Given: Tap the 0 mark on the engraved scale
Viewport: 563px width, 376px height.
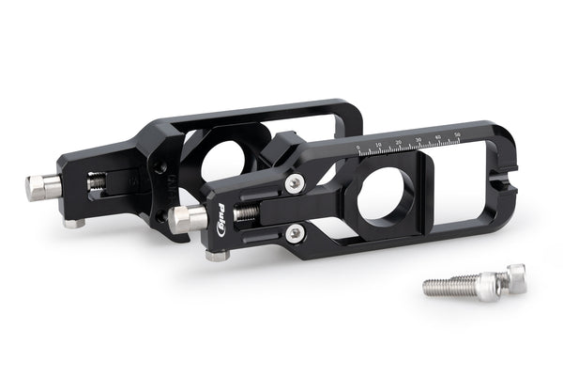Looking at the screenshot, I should click(x=358, y=149).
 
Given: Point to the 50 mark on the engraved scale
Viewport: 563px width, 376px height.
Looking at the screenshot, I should click(x=457, y=136).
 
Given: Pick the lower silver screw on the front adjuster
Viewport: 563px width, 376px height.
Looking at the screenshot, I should click(x=297, y=231).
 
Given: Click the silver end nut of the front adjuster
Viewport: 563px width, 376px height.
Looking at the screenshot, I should click(x=188, y=219).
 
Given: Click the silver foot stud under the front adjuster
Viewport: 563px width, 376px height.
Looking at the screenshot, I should click(x=217, y=254).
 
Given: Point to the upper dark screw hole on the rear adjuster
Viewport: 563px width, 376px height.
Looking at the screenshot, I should click(x=161, y=170).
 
